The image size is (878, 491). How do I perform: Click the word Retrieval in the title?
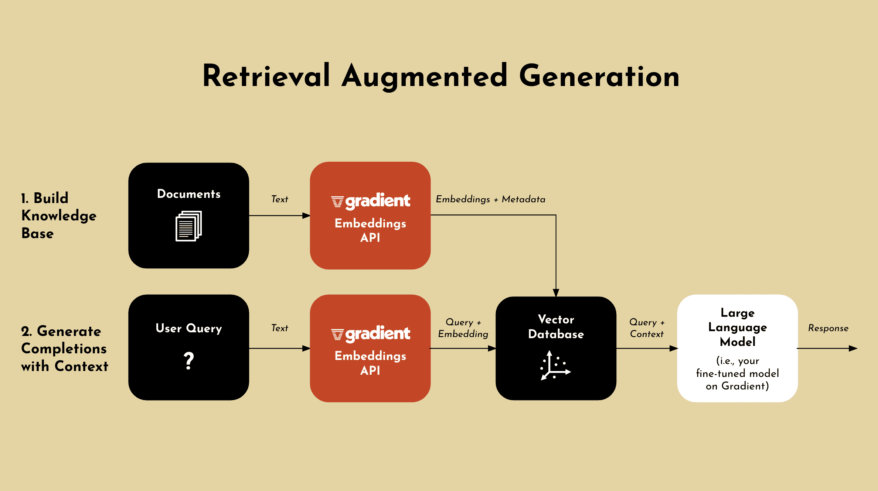266,76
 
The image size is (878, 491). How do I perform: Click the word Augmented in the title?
424,76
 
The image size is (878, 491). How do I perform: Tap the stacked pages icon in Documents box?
188,226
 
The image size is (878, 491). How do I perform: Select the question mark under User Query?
189,360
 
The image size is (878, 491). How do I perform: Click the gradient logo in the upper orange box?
370,201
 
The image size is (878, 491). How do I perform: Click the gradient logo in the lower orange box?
370,334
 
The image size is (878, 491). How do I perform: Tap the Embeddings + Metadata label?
490,199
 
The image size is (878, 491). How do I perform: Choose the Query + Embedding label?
463,328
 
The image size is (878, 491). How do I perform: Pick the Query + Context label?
647,328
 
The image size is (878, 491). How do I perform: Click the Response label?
828,328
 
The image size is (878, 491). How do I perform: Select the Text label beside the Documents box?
280,199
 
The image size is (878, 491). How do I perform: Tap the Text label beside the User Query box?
280,328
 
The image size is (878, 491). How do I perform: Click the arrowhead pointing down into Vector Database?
556,293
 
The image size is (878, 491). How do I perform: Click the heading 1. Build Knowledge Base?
58,216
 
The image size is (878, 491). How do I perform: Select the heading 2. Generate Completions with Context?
64,348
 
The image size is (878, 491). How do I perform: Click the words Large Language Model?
738,327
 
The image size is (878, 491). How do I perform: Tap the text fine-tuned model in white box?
738,373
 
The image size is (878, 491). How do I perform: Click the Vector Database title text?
556,327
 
